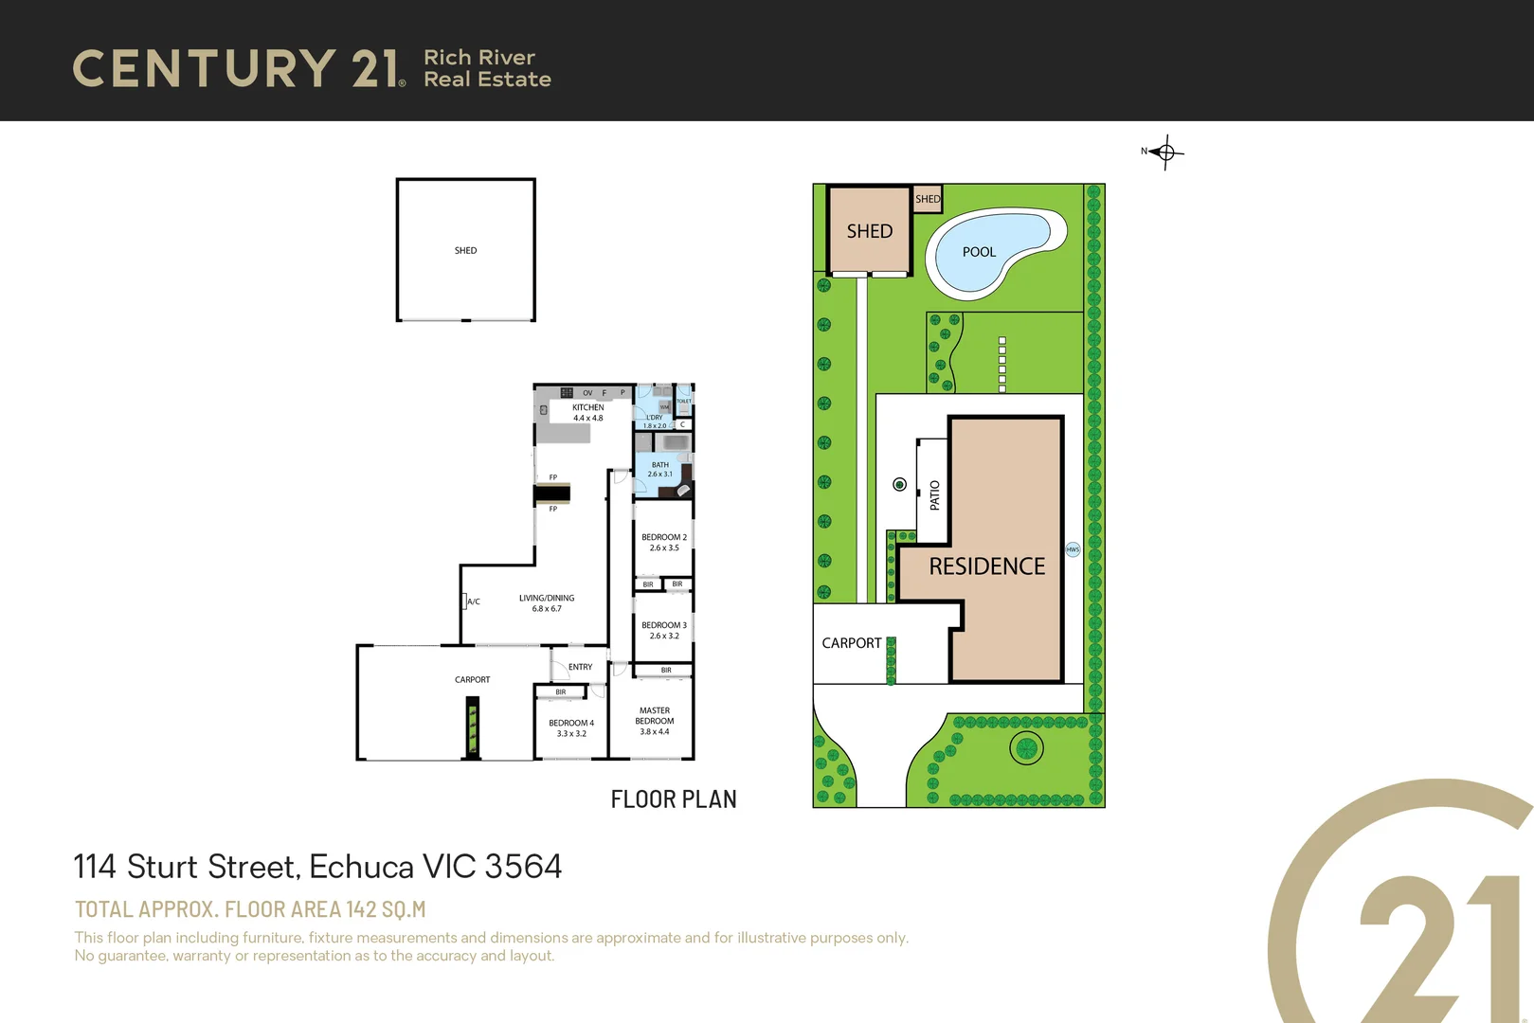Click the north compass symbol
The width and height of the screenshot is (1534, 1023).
click(1165, 152)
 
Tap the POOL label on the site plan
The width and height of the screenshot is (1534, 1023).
click(979, 252)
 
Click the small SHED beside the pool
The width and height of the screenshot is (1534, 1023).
click(928, 198)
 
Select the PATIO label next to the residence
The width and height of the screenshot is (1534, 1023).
click(934, 495)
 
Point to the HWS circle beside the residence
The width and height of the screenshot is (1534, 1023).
click(1073, 549)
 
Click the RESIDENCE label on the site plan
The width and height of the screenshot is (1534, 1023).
click(986, 566)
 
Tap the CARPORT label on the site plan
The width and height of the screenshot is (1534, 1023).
click(851, 643)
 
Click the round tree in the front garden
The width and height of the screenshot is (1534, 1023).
click(1025, 748)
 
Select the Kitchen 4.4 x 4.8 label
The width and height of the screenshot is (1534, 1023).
click(587, 413)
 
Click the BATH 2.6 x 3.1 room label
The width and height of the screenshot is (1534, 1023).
click(659, 470)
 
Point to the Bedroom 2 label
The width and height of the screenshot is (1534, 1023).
click(663, 542)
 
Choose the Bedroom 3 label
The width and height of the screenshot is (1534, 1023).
click(663, 630)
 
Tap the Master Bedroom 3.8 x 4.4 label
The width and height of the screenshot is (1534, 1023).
click(654, 721)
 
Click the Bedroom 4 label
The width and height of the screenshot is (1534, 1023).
click(571, 727)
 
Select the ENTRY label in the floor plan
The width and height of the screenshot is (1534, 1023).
click(580, 667)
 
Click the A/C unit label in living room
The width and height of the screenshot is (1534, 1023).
click(473, 601)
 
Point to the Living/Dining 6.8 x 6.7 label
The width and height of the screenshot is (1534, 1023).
click(547, 603)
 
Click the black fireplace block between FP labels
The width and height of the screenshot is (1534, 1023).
click(551, 493)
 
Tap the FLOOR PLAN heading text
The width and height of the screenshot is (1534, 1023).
click(673, 799)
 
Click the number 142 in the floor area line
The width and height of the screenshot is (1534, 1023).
click(361, 909)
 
